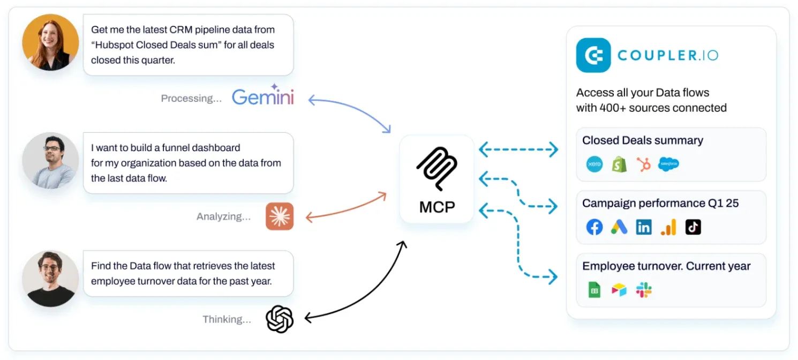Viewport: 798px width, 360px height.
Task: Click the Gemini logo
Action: [262, 96]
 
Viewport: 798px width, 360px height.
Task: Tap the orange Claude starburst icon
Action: [280, 216]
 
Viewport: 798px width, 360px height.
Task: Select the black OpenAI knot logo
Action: [280, 319]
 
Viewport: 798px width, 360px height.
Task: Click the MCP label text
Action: [436, 207]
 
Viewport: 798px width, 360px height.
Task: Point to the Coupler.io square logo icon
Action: [593, 55]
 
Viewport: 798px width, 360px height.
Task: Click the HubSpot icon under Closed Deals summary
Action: [643, 164]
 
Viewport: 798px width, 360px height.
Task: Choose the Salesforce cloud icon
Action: [668, 164]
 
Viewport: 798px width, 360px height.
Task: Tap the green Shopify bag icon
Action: [619, 164]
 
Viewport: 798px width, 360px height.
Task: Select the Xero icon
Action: [594, 164]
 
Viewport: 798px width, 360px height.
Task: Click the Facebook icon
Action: [594, 227]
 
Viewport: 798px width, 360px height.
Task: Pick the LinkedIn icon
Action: [644, 227]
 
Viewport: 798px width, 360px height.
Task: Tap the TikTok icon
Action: [693, 227]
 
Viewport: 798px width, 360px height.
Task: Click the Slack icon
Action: [644, 290]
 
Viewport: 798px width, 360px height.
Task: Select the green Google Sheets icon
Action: [594, 290]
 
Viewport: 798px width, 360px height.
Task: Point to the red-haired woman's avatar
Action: [50, 42]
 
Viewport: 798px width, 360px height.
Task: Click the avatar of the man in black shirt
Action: [50, 279]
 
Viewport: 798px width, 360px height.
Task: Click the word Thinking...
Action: [227, 320]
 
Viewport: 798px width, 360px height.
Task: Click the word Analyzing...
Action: [223, 217]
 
